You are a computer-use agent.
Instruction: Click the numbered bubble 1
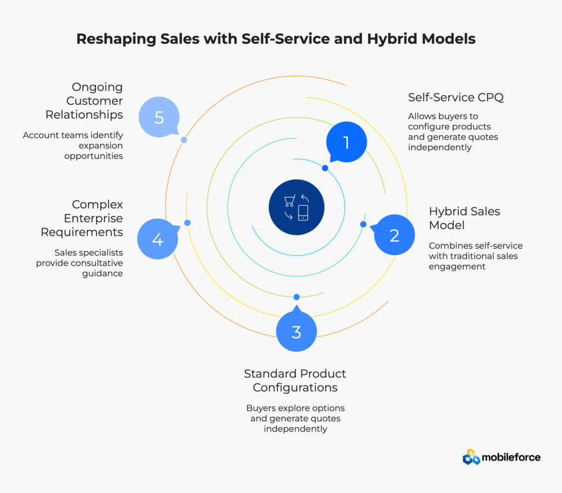(346, 143)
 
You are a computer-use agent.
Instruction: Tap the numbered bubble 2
(395, 235)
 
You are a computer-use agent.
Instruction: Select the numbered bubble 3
(296, 331)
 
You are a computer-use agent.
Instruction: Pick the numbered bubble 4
(158, 239)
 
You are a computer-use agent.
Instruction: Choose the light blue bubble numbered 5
(159, 118)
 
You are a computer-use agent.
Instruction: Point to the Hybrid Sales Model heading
(464, 218)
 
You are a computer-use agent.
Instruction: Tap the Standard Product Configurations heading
(295, 380)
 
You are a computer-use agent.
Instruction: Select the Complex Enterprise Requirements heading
(82, 218)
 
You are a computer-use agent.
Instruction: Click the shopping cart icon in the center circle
(289, 201)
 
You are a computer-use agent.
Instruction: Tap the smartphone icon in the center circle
(304, 213)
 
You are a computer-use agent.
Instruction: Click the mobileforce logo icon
(471, 457)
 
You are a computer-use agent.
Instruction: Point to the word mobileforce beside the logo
(511, 457)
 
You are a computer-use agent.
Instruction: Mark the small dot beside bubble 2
(363, 224)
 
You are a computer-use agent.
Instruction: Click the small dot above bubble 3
(296, 297)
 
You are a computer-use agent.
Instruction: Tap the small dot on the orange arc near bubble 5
(184, 140)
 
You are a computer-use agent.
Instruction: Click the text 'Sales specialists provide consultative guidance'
(80, 263)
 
